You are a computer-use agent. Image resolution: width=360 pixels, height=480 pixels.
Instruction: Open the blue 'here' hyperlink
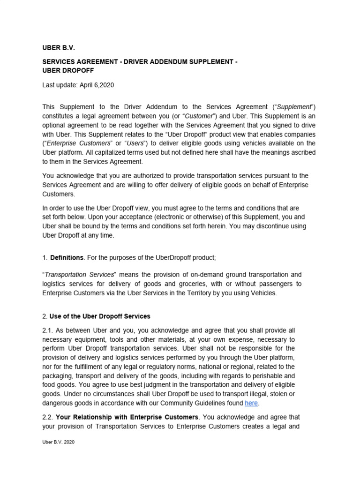pyautogui.click(x=251, y=403)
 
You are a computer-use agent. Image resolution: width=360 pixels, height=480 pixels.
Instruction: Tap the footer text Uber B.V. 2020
pyautogui.click(x=58, y=442)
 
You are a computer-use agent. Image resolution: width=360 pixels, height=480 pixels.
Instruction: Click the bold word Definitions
pyautogui.click(x=67, y=257)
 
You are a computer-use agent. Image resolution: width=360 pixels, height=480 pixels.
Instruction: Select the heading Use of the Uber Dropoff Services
pyautogui.click(x=100, y=316)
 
